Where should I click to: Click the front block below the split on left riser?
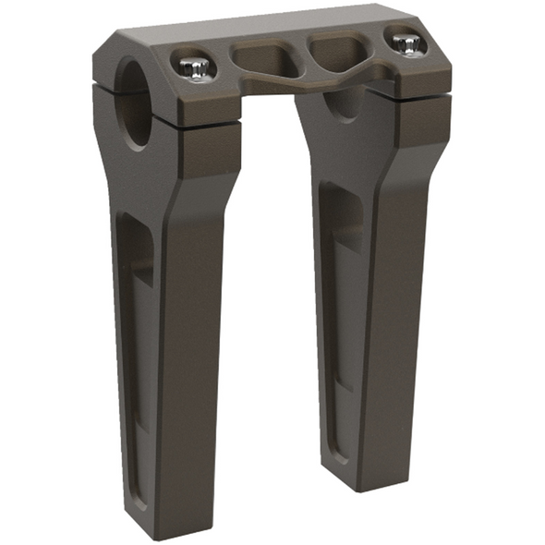coord(212,148)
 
